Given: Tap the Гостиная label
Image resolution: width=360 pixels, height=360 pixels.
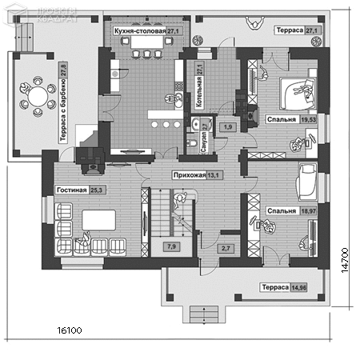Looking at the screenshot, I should (x=71, y=190).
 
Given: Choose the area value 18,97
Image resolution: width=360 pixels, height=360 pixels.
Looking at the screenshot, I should (x=306, y=211).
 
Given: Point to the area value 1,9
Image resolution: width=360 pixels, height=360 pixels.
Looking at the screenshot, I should (x=227, y=127).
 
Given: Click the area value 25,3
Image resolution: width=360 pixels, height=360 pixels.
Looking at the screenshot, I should (x=97, y=190).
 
